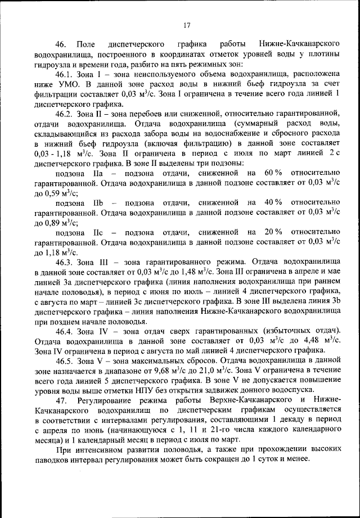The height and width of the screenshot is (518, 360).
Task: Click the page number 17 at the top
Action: click(187, 24)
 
